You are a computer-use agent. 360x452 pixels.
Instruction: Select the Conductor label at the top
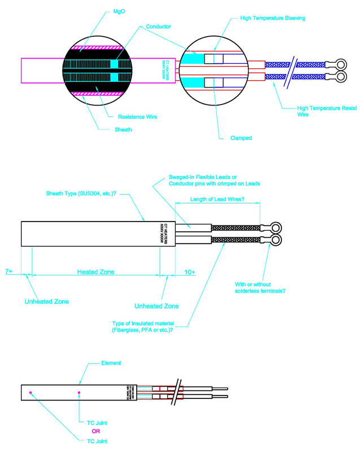(159, 27)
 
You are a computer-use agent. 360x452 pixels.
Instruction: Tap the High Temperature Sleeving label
(272, 18)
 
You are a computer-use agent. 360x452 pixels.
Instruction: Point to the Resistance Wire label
(137, 117)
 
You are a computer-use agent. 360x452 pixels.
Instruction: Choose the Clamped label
(241, 137)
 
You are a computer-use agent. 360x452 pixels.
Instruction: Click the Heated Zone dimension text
(96, 272)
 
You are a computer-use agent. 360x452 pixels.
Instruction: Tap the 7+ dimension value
(10, 272)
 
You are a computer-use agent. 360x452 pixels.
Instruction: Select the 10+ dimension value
(190, 272)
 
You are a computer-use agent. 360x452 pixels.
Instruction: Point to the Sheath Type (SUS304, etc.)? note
(82, 194)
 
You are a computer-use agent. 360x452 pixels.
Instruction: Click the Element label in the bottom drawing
(111, 363)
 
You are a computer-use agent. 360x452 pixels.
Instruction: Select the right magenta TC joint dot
(79, 393)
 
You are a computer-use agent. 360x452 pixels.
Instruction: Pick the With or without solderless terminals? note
(260, 288)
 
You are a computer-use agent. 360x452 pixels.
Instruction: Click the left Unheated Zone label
(46, 302)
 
